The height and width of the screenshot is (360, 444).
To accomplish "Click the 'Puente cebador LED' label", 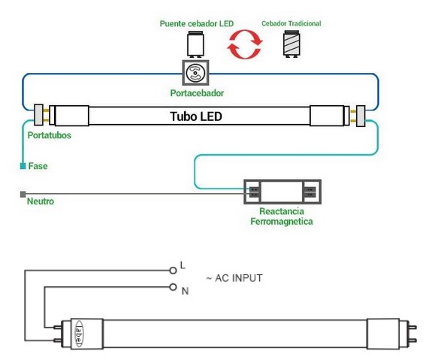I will click(x=197, y=24).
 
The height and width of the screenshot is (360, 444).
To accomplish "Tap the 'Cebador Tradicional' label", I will click(x=291, y=24).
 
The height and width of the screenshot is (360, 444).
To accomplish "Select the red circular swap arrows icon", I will click(x=245, y=45).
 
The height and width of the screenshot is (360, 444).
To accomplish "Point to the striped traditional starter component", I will click(x=291, y=45).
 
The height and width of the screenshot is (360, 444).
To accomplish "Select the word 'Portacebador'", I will click(x=197, y=93).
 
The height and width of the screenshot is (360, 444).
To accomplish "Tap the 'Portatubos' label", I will click(x=50, y=136).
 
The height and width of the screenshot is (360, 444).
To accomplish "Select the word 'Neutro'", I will click(x=40, y=201).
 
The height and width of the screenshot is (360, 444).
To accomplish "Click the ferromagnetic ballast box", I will click(x=281, y=192).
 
